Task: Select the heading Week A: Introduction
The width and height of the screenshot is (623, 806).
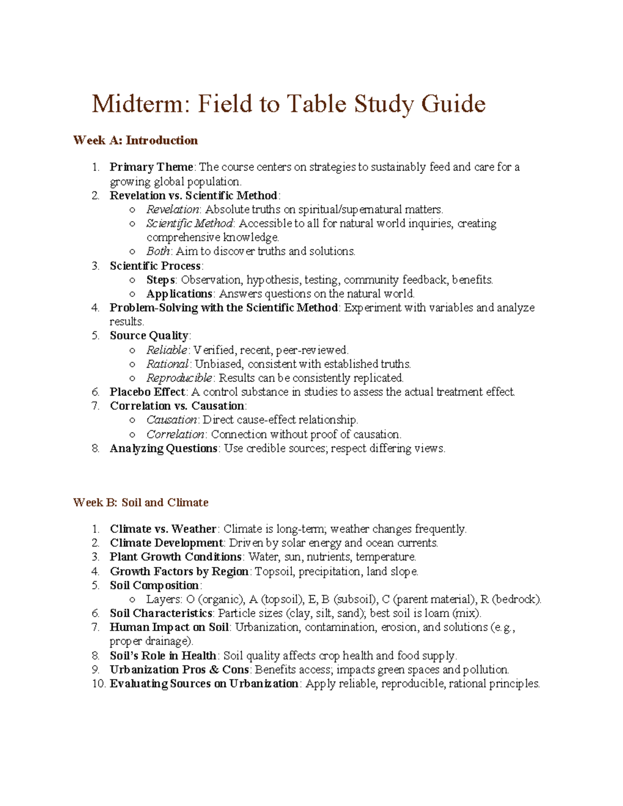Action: (136, 140)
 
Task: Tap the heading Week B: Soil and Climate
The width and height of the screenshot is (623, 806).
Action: (141, 502)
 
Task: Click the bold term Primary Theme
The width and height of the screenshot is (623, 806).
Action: (151, 167)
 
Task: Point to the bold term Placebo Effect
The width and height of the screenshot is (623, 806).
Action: (147, 392)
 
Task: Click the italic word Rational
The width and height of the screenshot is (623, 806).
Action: (167, 364)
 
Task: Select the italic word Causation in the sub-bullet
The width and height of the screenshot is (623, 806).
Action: (171, 420)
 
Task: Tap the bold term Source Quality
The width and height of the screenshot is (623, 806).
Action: (149, 336)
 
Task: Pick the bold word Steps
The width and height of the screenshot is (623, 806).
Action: (160, 280)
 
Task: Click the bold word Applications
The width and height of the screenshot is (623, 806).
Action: (179, 294)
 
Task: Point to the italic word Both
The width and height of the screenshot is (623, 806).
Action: (158, 252)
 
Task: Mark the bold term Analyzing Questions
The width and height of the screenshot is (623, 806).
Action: (164, 448)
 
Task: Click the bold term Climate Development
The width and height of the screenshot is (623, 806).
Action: (166, 543)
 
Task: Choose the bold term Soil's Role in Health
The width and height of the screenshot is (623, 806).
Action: (163, 655)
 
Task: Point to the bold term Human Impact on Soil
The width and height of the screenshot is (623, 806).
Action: (169, 627)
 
